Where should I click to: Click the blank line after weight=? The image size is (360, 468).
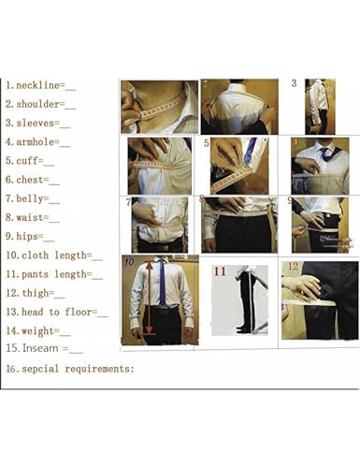click(x=65, y=330)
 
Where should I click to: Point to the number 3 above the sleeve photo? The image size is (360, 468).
click(x=294, y=83)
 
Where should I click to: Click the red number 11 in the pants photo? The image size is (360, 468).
click(x=220, y=272)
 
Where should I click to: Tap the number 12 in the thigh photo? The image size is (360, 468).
click(x=293, y=266)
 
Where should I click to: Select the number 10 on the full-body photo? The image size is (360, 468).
click(x=129, y=262)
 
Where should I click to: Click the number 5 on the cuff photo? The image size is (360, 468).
click(x=207, y=143)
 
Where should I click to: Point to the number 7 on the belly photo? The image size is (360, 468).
click(x=127, y=202)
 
